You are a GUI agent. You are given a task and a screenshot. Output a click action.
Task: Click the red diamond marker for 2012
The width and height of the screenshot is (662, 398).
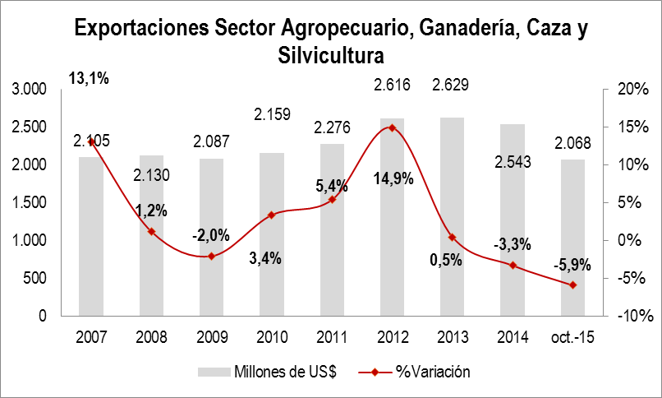(x=393, y=127)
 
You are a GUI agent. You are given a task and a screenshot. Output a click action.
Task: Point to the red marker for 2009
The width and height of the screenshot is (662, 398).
(x=212, y=256)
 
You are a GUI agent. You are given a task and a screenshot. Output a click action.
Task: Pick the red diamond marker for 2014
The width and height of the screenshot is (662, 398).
(x=513, y=265)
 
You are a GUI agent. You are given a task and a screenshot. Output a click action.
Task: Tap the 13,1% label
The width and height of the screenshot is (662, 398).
(x=90, y=79)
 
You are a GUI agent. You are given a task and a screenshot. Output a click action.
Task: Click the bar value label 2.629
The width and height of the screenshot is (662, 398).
(x=452, y=83)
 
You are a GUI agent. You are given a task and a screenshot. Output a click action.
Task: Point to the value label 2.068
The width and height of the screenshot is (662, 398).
(x=572, y=144)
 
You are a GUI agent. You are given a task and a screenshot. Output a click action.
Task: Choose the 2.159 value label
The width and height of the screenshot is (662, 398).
(x=272, y=129)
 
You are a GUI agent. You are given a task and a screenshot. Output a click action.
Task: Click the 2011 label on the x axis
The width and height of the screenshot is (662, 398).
(x=332, y=336)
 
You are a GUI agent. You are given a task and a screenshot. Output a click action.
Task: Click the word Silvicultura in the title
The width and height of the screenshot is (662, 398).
(x=332, y=55)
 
